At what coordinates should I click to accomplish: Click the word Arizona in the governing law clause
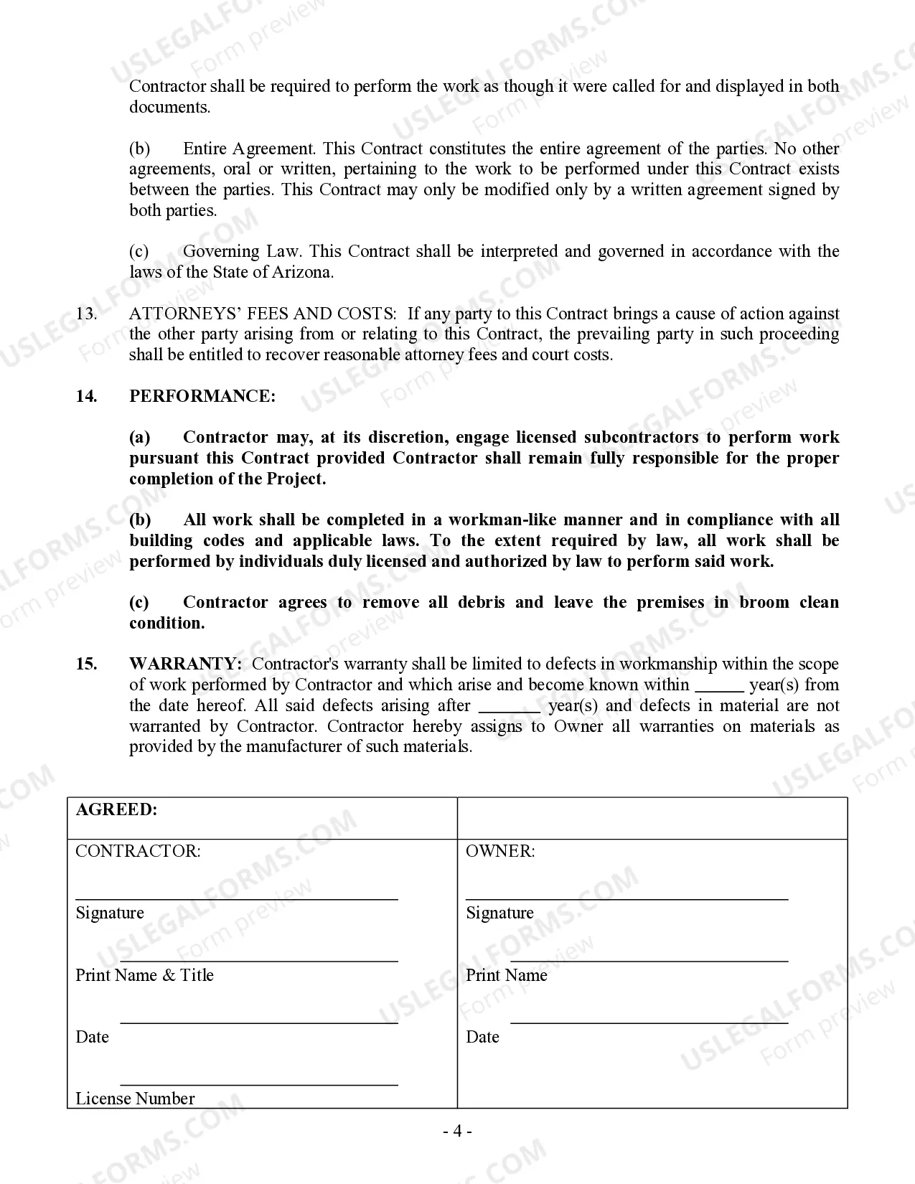305,273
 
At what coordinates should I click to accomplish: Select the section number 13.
86,314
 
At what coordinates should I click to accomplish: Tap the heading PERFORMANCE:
202,397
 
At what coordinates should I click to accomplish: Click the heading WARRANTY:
185,664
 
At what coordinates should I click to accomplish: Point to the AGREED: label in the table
116,810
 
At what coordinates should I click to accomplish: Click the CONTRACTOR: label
138,852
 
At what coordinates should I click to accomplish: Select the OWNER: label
500,852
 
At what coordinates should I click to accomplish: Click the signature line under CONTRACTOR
237,898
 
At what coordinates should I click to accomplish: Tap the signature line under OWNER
627,898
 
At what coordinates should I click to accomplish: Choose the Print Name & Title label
144,975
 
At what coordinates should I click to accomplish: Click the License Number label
135,1099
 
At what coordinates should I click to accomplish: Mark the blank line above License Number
258,1084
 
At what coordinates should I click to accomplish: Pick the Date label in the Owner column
482,1037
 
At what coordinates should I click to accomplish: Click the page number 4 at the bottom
457,1132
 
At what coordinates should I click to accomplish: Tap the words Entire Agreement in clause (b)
248,149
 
